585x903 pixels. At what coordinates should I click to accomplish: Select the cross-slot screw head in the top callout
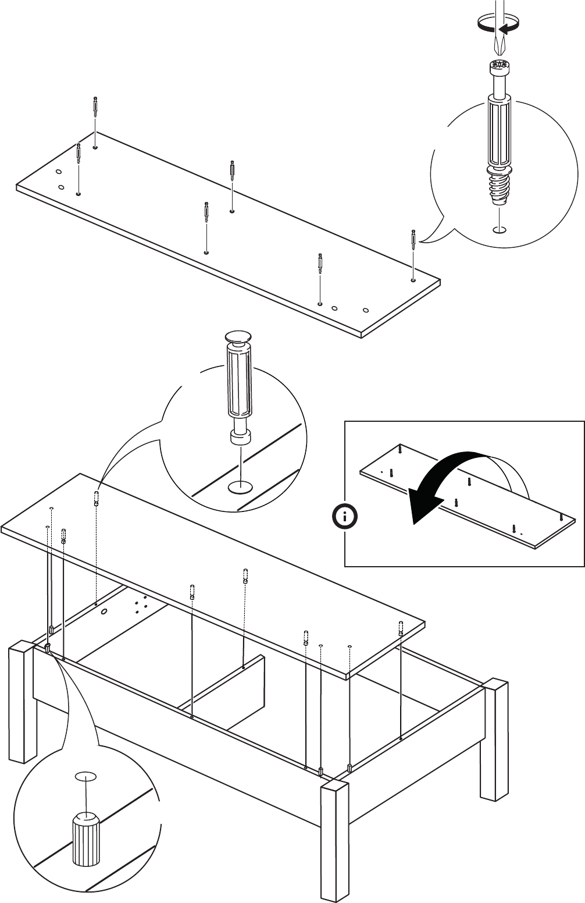click(498, 65)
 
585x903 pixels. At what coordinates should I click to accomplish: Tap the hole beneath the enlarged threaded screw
click(498, 229)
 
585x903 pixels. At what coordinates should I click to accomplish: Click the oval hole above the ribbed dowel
click(85, 776)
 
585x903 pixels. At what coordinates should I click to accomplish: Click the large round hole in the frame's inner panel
click(105, 612)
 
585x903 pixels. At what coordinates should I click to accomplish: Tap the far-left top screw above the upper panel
click(95, 106)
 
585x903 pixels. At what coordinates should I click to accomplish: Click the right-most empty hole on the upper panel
click(366, 310)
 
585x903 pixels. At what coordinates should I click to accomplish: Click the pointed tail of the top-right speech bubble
click(422, 240)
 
